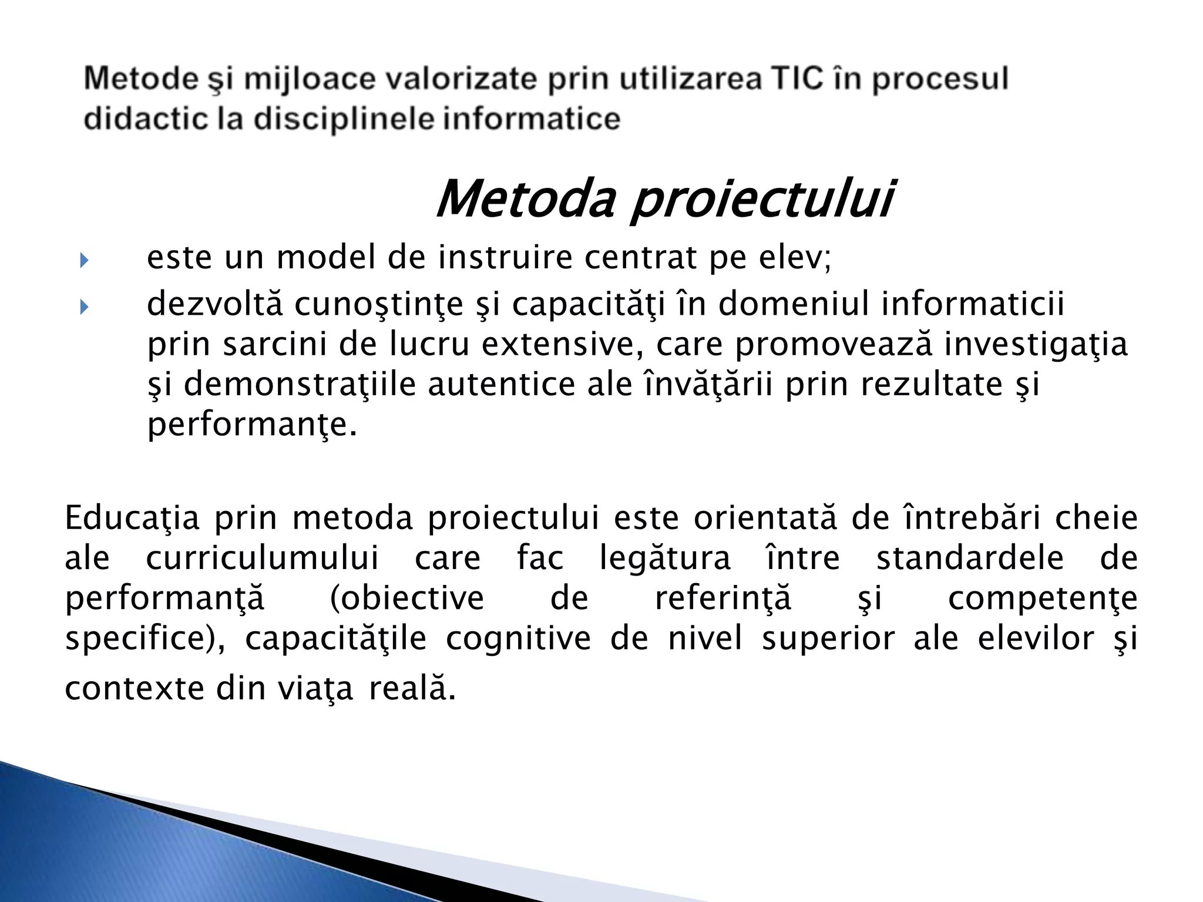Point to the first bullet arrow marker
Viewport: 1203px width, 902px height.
point(83,260)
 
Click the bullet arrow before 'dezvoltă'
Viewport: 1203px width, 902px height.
point(83,307)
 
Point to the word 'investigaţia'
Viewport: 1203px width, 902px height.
point(1036,345)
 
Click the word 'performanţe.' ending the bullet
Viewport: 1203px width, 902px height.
point(252,425)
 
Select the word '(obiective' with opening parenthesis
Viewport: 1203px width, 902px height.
point(407,598)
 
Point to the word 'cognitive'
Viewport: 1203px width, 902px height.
point(518,638)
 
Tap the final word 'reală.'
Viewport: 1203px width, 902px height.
point(412,689)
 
